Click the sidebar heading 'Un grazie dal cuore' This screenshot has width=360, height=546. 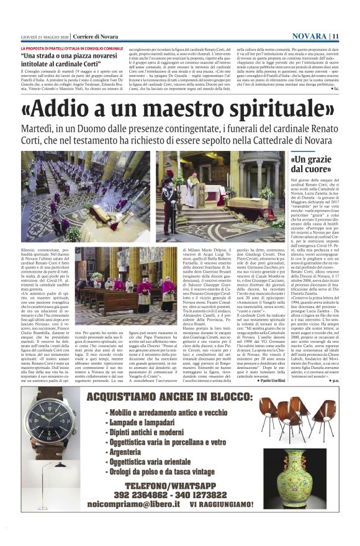point(310,165)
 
